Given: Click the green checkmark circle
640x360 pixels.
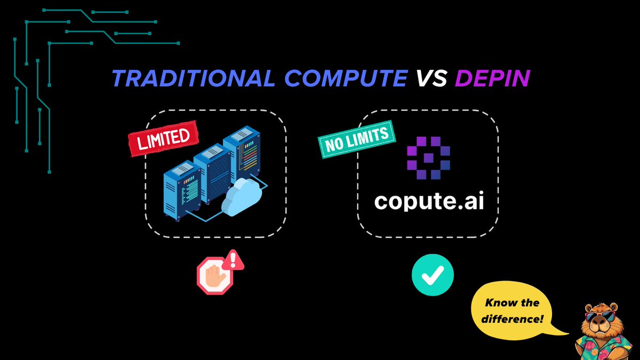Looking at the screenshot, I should coord(433,274).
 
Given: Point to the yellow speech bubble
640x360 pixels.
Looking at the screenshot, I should coord(512,312).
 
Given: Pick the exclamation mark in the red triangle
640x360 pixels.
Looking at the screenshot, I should coord(232,260).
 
